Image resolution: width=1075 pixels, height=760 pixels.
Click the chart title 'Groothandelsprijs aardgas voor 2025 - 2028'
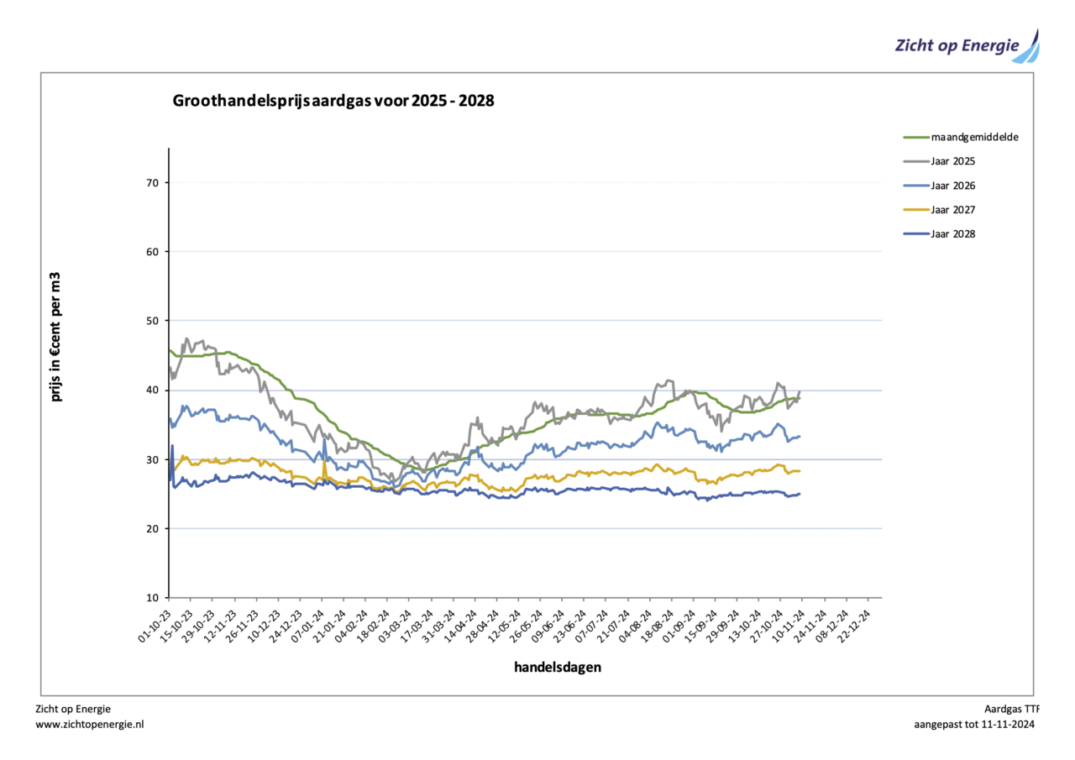(x=333, y=102)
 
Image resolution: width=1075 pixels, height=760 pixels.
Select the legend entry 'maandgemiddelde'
(x=974, y=137)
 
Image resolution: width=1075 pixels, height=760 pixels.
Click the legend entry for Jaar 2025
(x=952, y=161)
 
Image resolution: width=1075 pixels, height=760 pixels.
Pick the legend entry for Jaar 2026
(x=952, y=186)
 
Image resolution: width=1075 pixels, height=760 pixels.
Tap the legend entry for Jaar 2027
(x=952, y=210)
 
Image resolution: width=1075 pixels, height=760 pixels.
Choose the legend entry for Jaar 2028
(x=952, y=234)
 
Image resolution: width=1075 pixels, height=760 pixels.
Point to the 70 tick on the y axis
(x=153, y=183)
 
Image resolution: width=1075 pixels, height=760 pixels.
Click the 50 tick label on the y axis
(x=153, y=321)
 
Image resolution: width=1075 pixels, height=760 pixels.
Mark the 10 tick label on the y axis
(x=153, y=598)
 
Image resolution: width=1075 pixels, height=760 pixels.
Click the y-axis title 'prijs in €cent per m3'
(x=57, y=336)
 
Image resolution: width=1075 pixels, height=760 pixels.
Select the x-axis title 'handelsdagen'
(x=558, y=668)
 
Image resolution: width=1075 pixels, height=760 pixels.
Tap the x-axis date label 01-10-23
(x=155, y=625)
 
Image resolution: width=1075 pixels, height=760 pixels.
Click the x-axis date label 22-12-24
(x=866, y=625)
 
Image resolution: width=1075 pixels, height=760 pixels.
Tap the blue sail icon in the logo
(x=1028, y=49)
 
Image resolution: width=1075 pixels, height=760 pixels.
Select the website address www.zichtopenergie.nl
(x=90, y=724)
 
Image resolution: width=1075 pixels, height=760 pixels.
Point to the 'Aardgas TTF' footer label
(x=1011, y=709)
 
